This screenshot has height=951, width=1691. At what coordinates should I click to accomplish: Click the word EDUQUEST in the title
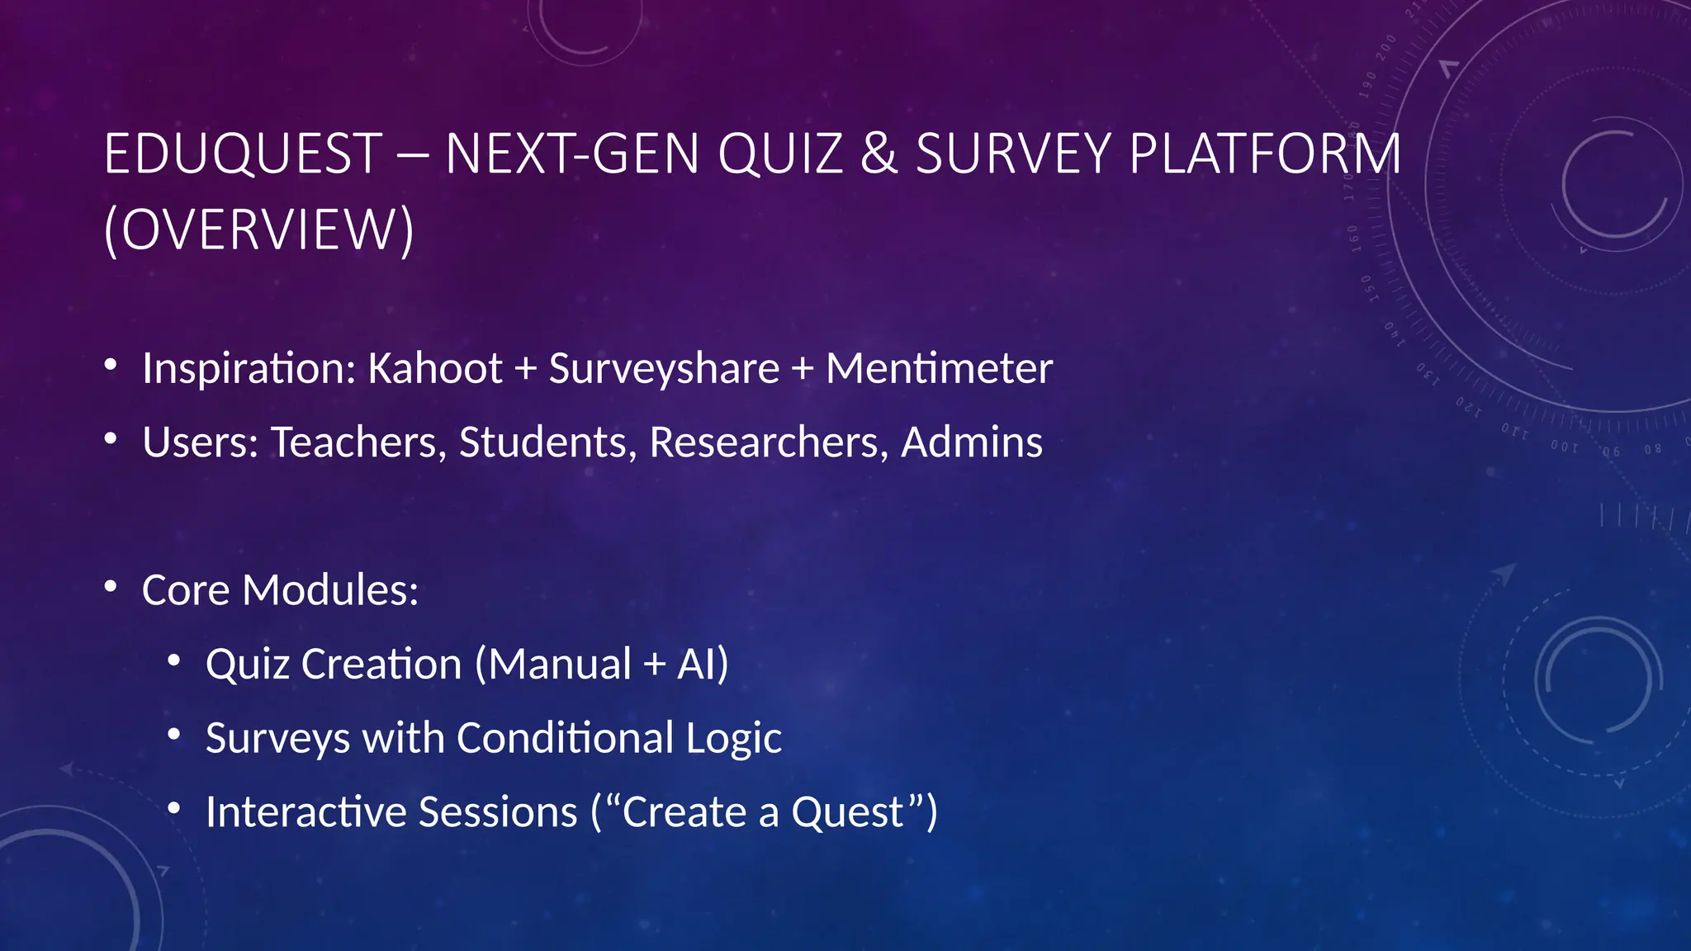tap(244, 154)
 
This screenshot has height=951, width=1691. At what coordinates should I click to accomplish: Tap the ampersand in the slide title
tap(879, 154)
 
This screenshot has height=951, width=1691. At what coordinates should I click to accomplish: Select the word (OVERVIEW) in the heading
tap(259, 229)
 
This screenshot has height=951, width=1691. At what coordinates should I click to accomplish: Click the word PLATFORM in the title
tap(1265, 154)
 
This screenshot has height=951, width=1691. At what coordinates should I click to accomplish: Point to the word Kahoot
tap(435, 368)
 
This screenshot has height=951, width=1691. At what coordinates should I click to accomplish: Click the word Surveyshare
tap(664, 368)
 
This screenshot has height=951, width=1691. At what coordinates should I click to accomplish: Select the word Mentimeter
tap(939, 368)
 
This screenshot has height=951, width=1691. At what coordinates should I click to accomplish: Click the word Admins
tap(972, 442)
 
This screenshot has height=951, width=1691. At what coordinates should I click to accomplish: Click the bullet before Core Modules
tap(111, 587)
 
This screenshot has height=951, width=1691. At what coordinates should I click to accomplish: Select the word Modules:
tap(330, 590)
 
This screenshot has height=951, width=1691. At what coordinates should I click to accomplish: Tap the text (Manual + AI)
tap(602, 665)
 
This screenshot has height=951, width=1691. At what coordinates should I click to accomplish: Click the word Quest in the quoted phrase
tap(848, 812)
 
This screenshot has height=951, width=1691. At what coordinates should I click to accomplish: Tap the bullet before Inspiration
tap(111, 365)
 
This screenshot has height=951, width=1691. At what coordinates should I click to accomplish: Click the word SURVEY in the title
tap(1014, 154)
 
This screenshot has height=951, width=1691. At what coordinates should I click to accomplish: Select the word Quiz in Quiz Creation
tap(247, 665)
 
